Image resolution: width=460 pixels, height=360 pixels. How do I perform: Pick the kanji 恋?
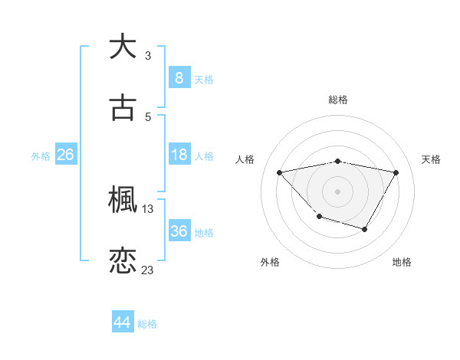123,260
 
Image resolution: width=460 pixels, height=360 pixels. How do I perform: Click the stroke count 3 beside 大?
148,55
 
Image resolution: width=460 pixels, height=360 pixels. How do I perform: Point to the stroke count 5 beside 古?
148,117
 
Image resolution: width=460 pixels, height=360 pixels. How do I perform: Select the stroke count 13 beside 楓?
148,208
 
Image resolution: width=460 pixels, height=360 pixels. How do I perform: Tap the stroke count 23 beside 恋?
148,270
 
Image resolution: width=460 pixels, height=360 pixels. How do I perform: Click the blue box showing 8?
179,77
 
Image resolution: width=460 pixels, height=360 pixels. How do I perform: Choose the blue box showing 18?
179,155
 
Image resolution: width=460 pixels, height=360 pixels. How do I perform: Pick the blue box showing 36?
179,231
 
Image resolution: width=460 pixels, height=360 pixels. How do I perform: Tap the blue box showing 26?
65,155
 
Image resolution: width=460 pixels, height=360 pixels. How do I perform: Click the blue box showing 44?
122,322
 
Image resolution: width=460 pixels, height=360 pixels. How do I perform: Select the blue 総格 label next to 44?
147,324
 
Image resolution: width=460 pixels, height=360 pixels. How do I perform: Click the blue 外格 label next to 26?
41,155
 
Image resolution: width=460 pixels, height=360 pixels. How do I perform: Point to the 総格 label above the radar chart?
338,100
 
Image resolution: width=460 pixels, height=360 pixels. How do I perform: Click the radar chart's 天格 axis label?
431,159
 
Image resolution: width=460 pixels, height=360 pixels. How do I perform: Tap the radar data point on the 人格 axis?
280,172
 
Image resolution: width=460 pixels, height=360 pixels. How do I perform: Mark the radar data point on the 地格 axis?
365,229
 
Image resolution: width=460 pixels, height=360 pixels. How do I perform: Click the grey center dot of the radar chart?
337,191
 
